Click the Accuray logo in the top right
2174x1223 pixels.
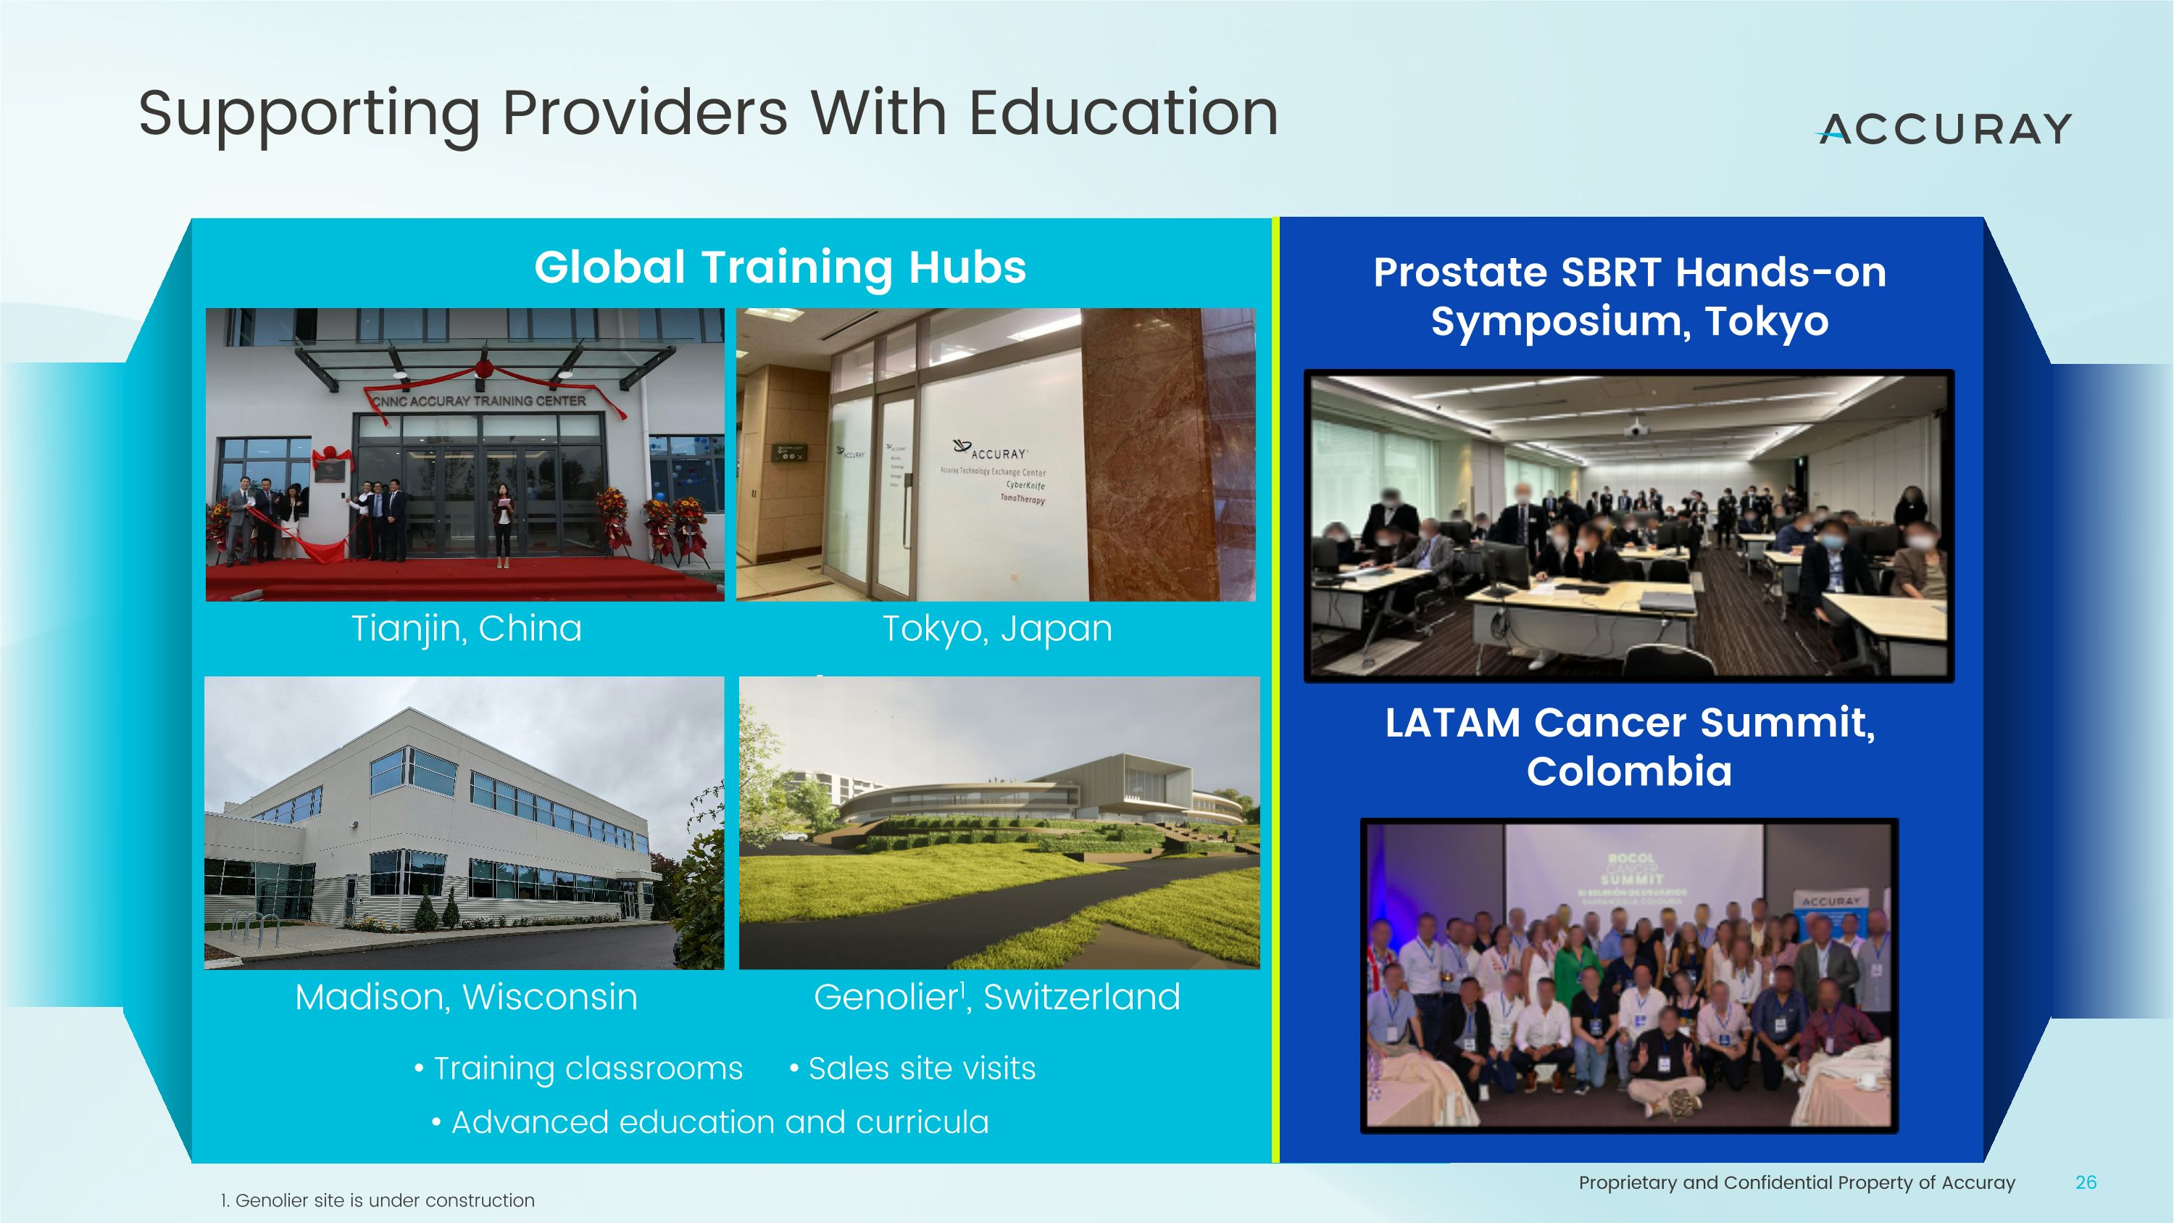(1944, 129)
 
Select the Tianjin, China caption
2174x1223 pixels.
(466, 628)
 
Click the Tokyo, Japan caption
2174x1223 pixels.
(996, 628)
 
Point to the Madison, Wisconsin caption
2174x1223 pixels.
(466, 997)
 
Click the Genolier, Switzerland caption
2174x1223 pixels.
(996, 997)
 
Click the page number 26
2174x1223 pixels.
(2086, 1182)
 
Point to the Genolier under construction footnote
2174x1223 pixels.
(378, 1201)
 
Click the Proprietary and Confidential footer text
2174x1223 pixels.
(1796, 1182)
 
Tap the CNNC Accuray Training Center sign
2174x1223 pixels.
(479, 401)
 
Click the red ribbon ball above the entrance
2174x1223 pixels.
(484, 369)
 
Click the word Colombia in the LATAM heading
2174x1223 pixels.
(1629, 771)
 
